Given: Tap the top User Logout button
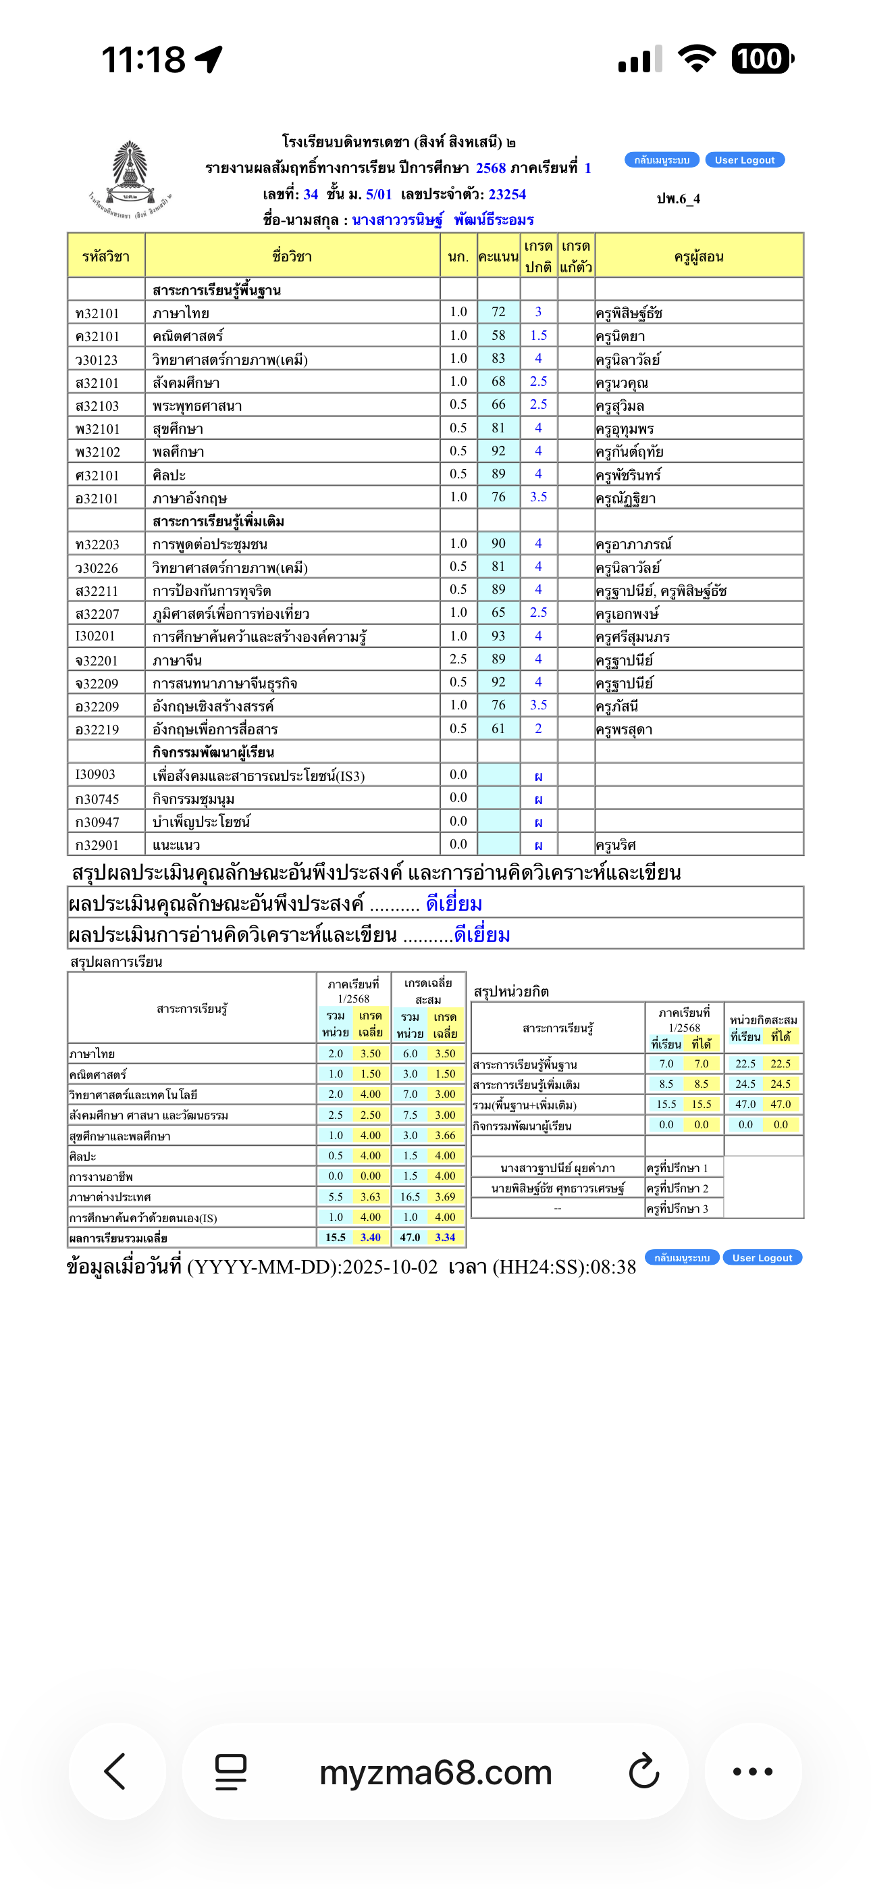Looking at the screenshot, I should tap(744, 160).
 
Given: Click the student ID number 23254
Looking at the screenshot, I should tap(507, 195).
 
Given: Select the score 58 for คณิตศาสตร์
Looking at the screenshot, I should tap(498, 335).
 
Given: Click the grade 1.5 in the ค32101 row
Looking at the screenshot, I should tap(539, 335).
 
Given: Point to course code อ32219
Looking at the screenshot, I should tap(97, 730).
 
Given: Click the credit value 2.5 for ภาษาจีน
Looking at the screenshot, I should tap(458, 659).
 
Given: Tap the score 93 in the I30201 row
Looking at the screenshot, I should tap(498, 636).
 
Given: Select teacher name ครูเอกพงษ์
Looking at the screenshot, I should tap(627, 613).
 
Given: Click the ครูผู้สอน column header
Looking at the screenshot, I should tap(699, 257).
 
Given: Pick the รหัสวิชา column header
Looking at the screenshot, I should tap(105, 257).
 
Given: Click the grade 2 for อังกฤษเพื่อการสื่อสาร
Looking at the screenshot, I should tap(539, 728).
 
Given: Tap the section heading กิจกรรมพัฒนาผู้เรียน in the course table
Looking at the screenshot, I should tap(213, 753).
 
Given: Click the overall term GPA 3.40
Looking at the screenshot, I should tap(370, 1237).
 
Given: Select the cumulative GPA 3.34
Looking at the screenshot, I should tap(445, 1237).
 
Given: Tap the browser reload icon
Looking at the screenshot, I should tap(644, 1771).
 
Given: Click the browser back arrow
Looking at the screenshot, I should tap(116, 1771).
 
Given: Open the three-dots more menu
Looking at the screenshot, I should tap(753, 1771).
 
